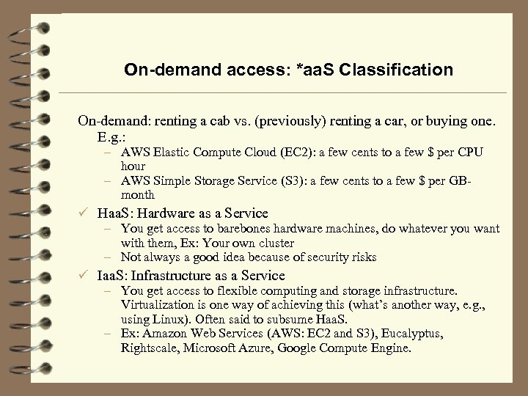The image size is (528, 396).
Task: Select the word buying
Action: (426, 120)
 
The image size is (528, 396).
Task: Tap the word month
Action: (138, 194)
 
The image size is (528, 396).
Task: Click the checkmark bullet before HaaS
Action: (86, 213)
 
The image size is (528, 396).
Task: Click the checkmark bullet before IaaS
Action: (86, 276)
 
